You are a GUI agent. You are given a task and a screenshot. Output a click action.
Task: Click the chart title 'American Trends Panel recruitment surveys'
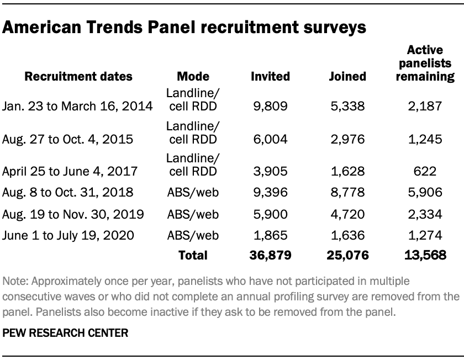[185, 27]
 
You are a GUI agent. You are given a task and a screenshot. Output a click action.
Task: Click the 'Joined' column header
[347, 76]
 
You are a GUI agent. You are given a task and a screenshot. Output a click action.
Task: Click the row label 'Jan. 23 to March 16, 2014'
[77, 105]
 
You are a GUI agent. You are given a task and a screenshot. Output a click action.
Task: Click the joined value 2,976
[347, 139]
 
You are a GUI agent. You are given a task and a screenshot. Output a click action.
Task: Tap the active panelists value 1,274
[425, 236]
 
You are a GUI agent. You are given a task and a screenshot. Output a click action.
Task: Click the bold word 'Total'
[193, 255]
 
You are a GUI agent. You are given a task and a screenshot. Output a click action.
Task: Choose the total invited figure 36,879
[269, 255]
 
